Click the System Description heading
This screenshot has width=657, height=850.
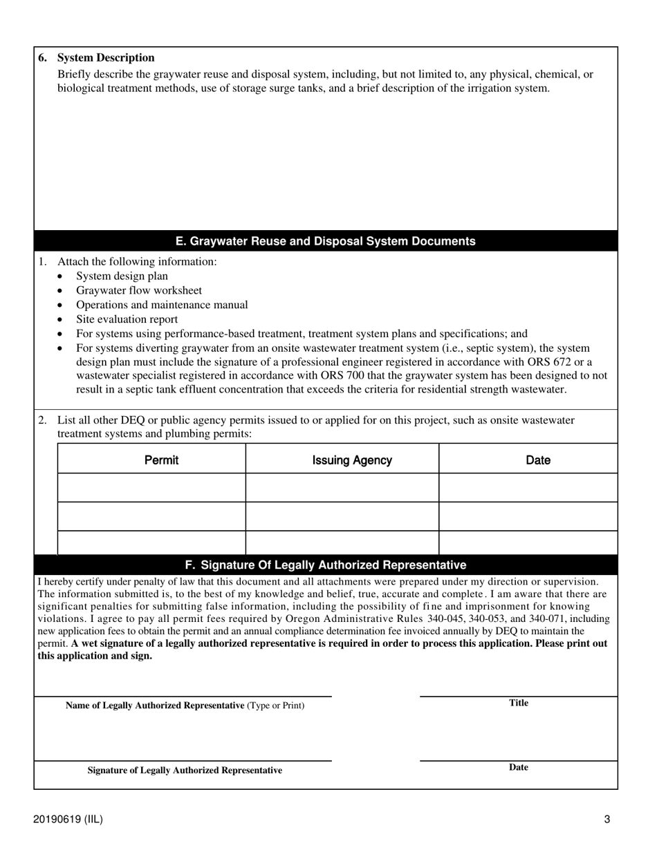click(105, 57)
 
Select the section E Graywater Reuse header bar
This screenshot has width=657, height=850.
click(325, 241)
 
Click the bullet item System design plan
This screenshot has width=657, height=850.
click(122, 276)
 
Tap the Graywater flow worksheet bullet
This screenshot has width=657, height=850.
click(138, 290)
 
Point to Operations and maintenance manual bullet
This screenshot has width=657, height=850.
click(162, 305)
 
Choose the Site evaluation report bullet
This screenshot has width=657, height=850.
click(127, 319)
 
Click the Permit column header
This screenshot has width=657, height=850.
click(161, 460)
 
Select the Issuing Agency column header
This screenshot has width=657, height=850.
click(352, 460)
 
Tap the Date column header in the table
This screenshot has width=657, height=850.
click(538, 460)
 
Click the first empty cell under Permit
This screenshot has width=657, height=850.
click(151, 488)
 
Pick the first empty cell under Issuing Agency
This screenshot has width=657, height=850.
click(342, 488)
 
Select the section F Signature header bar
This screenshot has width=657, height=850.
click(325, 565)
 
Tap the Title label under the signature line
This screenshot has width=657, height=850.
click(519, 703)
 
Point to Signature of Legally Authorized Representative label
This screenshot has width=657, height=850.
click(185, 770)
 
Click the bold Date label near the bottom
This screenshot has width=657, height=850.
click(519, 767)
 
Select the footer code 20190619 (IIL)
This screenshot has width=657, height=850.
click(68, 820)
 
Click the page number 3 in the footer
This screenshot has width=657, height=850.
click(607, 820)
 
